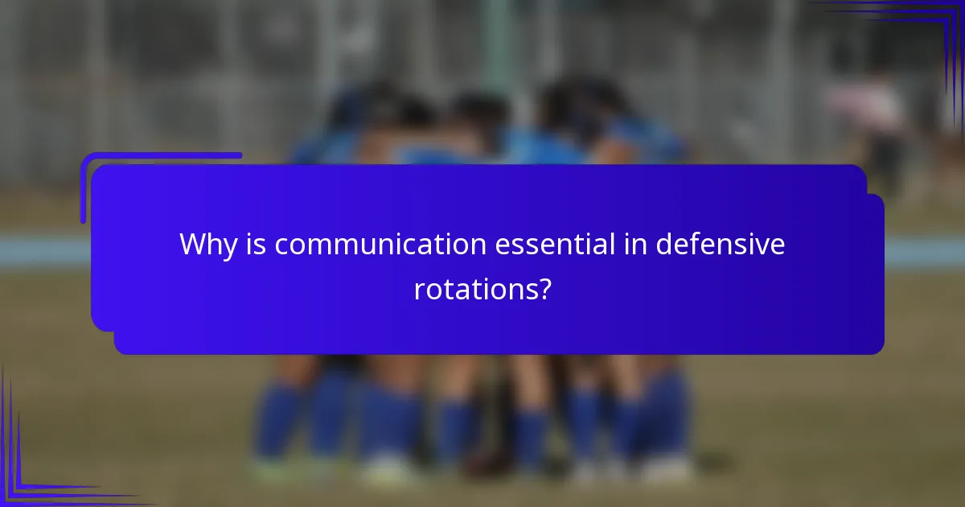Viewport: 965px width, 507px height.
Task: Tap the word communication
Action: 380,244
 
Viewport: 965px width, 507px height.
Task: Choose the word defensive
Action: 720,244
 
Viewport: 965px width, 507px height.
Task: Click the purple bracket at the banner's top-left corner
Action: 121,161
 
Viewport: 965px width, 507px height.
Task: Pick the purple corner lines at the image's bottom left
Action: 32,475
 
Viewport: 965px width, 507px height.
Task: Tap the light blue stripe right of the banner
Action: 925,252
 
